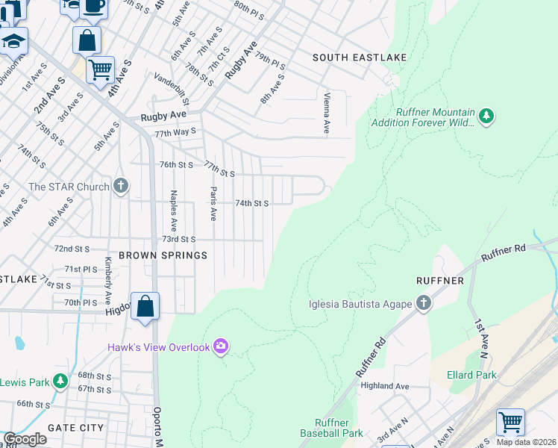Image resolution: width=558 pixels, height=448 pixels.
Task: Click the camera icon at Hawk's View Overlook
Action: (220, 346)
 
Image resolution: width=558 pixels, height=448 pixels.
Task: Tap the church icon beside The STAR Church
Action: (122, 187)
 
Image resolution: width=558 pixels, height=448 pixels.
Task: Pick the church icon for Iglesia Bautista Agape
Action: (424, 303)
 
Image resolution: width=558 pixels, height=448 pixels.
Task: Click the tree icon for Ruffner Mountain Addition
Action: (486, 116)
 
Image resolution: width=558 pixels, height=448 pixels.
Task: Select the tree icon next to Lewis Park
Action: (60, 382)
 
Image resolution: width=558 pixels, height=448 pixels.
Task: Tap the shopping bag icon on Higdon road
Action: (145, 306)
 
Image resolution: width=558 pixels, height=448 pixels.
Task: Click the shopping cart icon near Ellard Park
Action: (510, 422)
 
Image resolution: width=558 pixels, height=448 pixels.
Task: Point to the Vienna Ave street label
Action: (327, 113)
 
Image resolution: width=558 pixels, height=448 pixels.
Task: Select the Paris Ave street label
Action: (213, 203)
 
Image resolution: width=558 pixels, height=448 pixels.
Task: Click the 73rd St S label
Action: (179, 240)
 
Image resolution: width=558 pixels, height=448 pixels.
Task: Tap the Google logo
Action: (25, 440)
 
